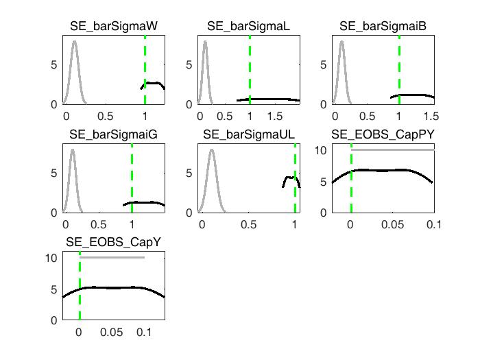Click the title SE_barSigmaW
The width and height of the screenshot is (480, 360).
[114, 27]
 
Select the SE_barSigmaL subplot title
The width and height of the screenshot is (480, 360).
[248, 27]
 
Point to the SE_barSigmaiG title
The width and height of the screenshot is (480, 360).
[114, 134]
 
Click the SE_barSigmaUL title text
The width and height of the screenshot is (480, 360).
[248, 134]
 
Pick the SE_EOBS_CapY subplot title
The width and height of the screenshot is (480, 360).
[114, 242]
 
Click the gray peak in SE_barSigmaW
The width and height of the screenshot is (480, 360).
[74, 43]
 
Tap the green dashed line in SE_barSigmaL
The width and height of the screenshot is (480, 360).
[250, 69]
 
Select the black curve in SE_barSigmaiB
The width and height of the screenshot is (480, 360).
[411, 95]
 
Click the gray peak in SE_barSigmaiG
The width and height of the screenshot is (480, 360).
[72, 151]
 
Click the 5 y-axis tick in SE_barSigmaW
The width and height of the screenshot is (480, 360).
[56, 64]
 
